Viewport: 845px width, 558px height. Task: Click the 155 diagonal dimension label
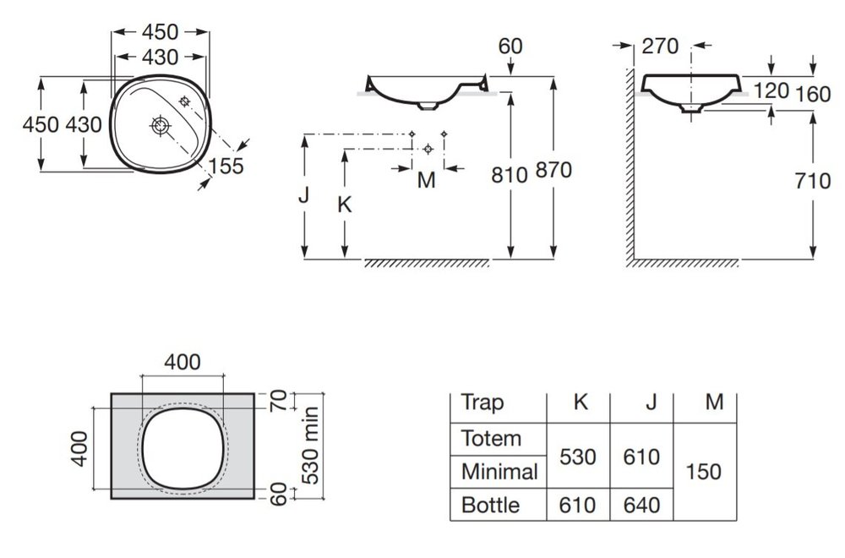click(x=226, y=167)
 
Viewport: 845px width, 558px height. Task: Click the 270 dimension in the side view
click(x=660, y=46)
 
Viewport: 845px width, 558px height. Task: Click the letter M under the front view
click(x=426, y=180)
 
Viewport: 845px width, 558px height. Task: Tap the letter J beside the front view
click(x=303, y=195)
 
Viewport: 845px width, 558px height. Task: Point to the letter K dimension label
click(x=344, y=205)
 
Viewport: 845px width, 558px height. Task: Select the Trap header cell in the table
click(x=482, y=402)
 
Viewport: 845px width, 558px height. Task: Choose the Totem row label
click(x=491, y=438)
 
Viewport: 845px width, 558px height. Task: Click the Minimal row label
click(x=499, y=472)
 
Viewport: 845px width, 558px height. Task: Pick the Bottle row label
click(x=490, y=506)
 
